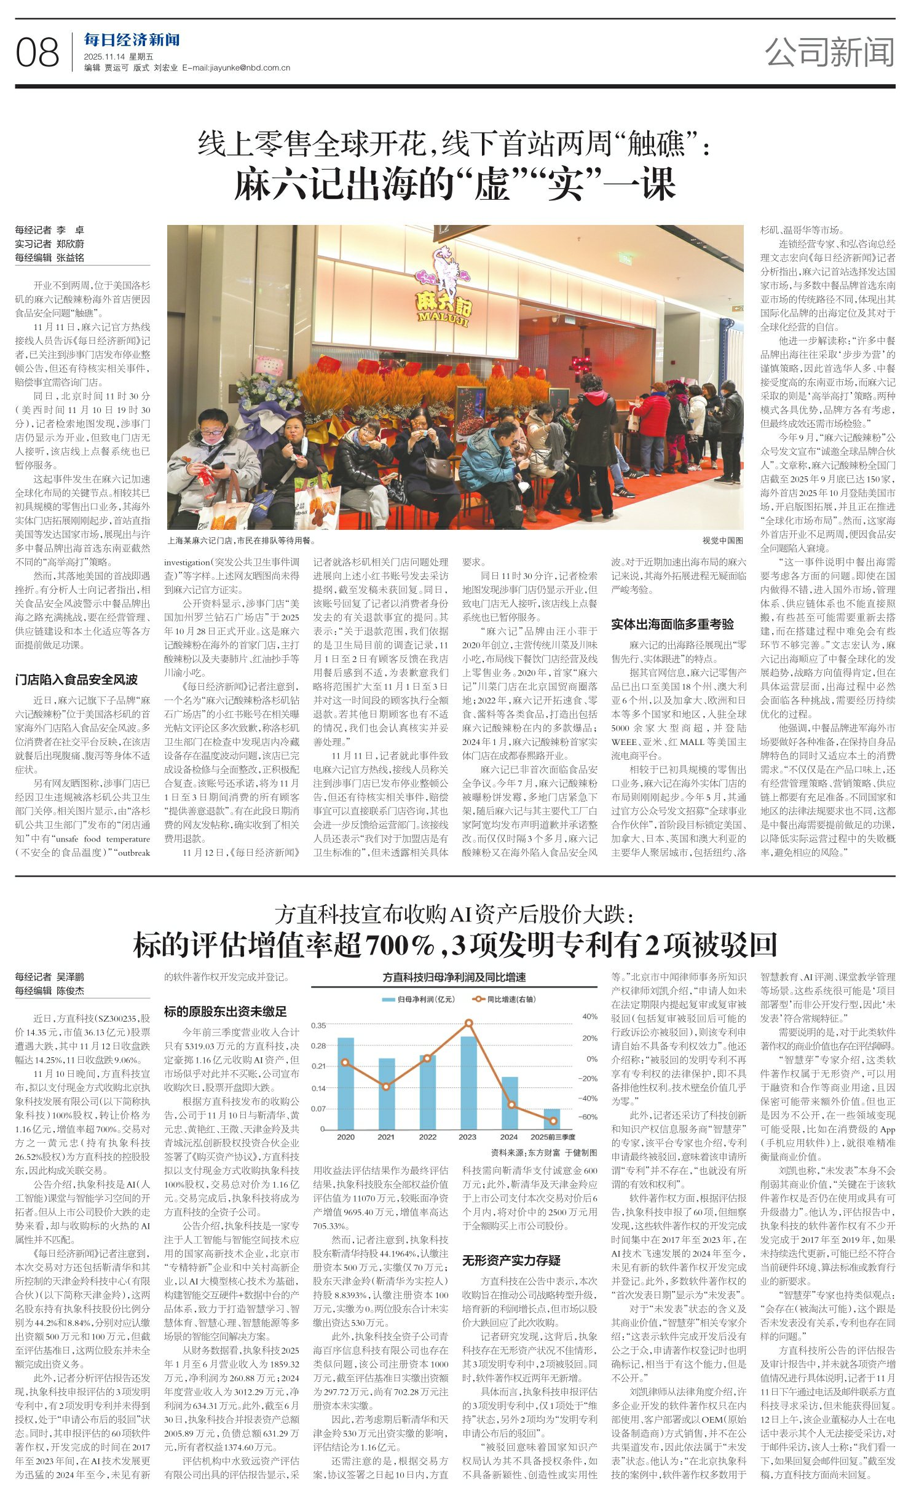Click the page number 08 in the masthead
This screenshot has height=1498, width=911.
click(x=37, y=53)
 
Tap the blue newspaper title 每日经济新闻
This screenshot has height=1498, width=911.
click(x=132, y=41)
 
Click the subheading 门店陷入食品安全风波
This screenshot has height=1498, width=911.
click(x=77, y=679)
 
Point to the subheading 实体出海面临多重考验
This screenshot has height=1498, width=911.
click(x=672, y=624)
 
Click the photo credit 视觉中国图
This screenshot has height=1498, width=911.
click(x=722, y=541)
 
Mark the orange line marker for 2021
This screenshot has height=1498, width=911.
click(x=386, y=1087)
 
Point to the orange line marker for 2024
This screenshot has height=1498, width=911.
click(x=511, y=1105)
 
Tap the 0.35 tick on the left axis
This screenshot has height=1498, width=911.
click(x=318, y=1025)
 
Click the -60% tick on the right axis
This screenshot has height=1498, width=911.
click(x=589, y=1116)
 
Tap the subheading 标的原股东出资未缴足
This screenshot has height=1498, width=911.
click(x=225, y=1011)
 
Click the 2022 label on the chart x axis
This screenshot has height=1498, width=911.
click(x=427, y=1137)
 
